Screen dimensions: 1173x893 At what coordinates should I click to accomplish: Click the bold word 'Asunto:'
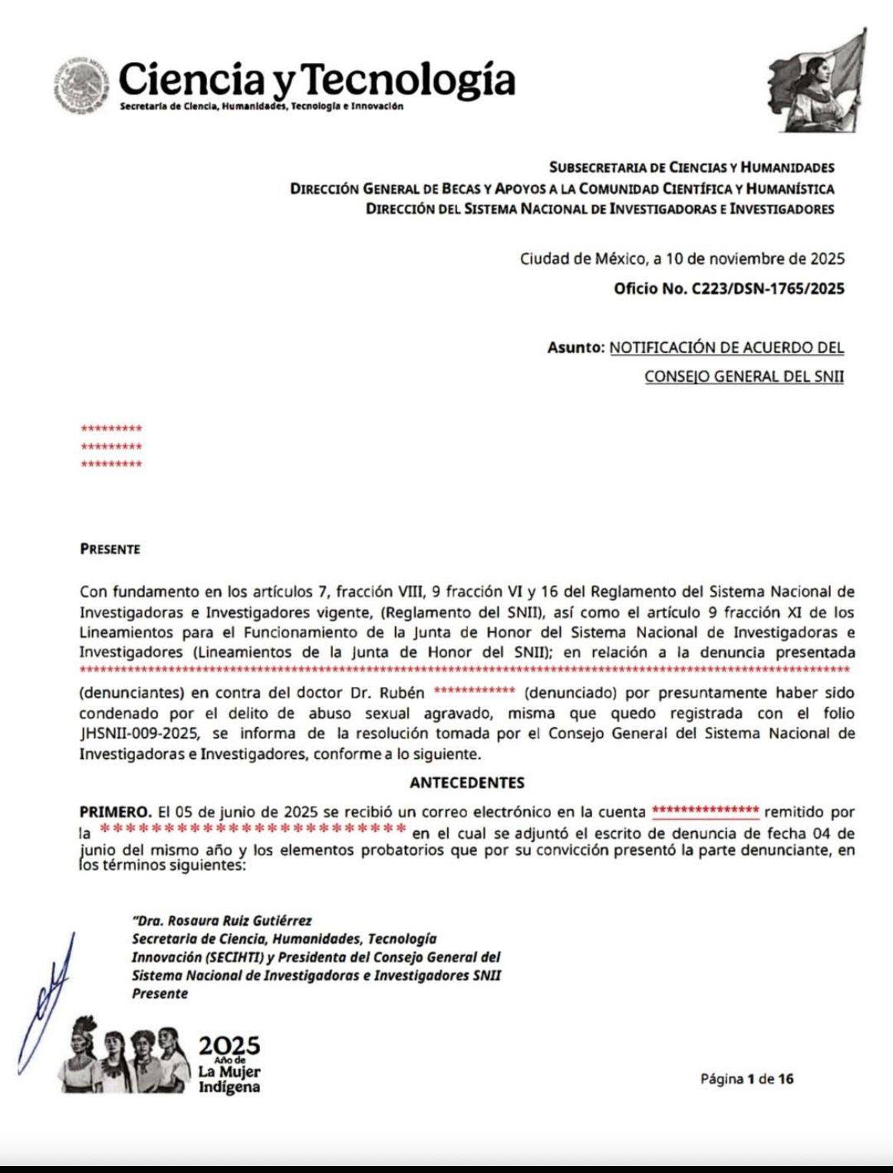[576, 347]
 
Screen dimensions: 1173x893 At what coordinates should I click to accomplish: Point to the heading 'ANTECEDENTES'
[467, 783]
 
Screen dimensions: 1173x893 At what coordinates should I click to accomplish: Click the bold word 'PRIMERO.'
[115, 811]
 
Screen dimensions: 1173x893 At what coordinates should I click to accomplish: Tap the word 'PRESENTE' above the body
[110, 549]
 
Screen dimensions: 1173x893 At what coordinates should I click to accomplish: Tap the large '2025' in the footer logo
[229, 1046]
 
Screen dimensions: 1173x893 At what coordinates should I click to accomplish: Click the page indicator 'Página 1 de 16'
[746, 1079]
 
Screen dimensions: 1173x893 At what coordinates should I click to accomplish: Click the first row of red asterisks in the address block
[111, 429]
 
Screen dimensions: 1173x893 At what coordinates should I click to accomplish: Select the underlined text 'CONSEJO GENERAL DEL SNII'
[744, 376]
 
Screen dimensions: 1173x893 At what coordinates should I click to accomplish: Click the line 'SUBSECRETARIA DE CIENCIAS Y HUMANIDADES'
[691, 167]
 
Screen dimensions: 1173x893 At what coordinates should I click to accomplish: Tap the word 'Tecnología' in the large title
[415, 79]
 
